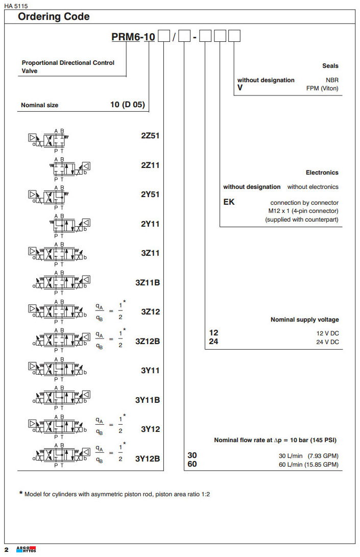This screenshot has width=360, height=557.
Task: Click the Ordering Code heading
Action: [54, 17]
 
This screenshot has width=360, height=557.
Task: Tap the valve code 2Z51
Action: [151, 136]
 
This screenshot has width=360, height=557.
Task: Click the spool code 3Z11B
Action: [148, 282]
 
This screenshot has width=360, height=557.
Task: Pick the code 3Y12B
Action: [148, 458]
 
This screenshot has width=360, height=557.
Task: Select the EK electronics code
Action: [229, 202]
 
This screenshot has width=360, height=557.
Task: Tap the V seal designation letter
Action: [239, 88]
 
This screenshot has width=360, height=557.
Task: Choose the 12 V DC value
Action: [327, 333]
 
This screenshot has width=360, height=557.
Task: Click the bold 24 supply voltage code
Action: [213, 342]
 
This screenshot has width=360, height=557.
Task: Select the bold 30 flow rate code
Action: [192, 455]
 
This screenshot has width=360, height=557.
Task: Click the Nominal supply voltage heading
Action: [304, 320]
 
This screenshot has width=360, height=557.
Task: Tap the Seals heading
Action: [330, 66]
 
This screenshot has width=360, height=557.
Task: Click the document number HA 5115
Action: [15, 6]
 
